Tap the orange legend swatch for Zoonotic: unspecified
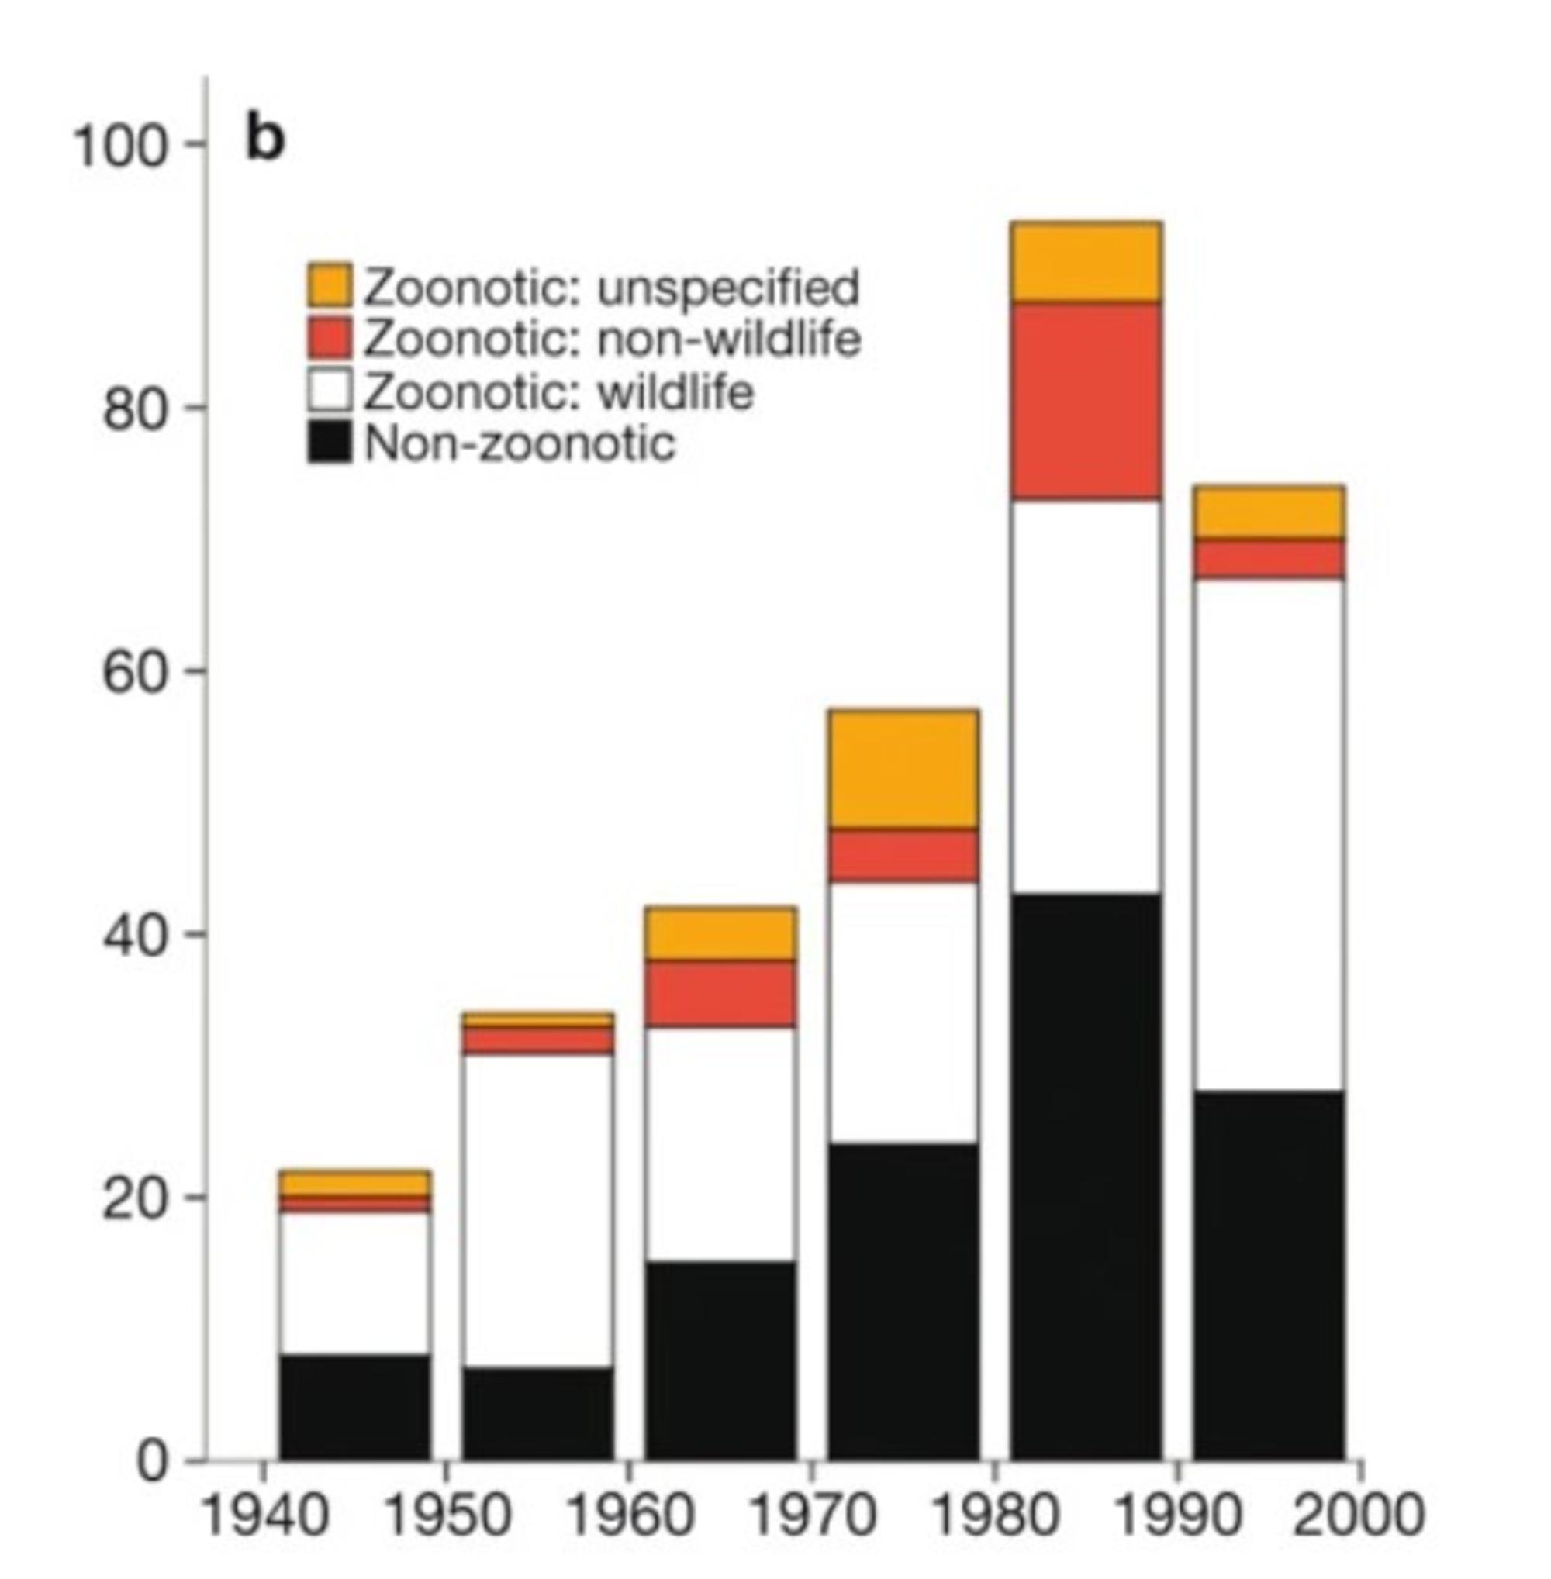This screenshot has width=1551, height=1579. tap(330, 285)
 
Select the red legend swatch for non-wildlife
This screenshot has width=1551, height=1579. tap(330, 337)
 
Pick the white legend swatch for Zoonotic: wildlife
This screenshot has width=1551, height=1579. tap(330, 391)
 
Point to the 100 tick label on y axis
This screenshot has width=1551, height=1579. tap(119, 147)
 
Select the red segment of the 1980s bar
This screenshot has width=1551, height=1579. tap(1086, 401)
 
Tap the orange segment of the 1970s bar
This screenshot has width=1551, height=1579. tap(903, 770)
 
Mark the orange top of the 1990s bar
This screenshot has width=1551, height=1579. tap(1269, 512)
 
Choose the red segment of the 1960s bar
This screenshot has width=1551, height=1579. tap(720, 993)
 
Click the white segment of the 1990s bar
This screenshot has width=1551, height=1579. tap(1269, 835)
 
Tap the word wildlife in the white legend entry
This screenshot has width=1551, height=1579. tap(675, 393)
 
